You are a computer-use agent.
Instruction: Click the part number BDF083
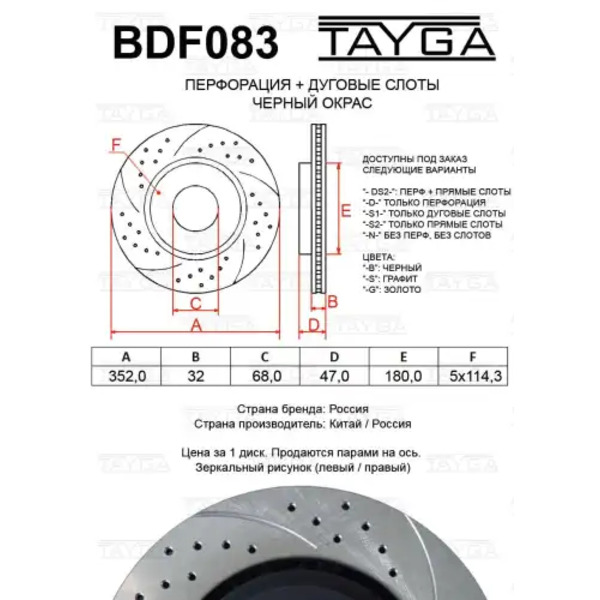[196, 42]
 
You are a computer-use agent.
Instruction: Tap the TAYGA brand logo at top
[407, 38]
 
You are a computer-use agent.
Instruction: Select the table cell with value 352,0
[127, 376]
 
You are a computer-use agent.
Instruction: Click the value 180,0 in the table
[403, 376]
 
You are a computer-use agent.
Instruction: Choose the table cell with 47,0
[334, 376]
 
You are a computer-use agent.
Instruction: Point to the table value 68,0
[266, 376]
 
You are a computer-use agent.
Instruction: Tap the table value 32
[196, 376]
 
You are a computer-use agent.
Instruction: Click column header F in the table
[473, 357]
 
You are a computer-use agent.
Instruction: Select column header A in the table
[126, 357]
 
